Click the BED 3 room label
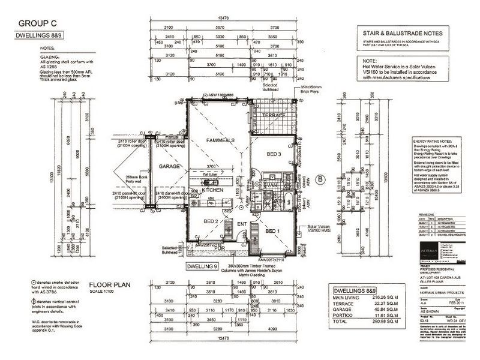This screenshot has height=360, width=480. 274,154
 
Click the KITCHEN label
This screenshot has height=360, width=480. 212,188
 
